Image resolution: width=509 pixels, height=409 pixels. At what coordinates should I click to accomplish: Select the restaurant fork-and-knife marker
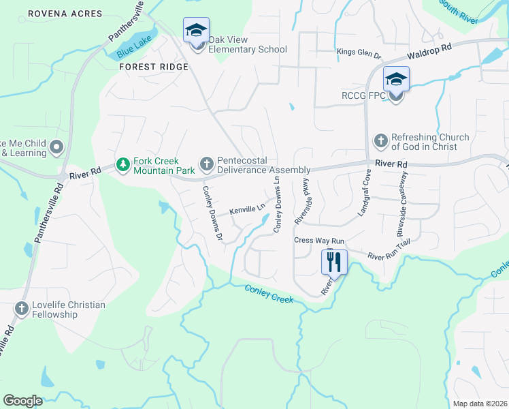[x=334, y=262]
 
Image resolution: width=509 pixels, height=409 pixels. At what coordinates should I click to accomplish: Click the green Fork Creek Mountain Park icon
[x=122, y=165]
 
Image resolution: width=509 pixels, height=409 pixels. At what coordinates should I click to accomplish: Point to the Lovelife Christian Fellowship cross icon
[x=21, y=309]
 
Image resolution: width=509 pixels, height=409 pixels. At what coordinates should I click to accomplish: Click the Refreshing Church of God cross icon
[x=380, y=142]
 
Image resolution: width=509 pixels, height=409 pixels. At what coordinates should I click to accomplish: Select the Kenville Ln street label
[x=246, y=209]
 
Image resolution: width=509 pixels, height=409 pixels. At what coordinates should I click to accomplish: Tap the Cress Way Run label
[x=319, y=241]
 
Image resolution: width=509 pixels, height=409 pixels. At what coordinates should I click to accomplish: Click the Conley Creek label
[x=269, y=294]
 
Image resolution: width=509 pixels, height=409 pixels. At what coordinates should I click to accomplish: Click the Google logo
[x=22, y=401]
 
